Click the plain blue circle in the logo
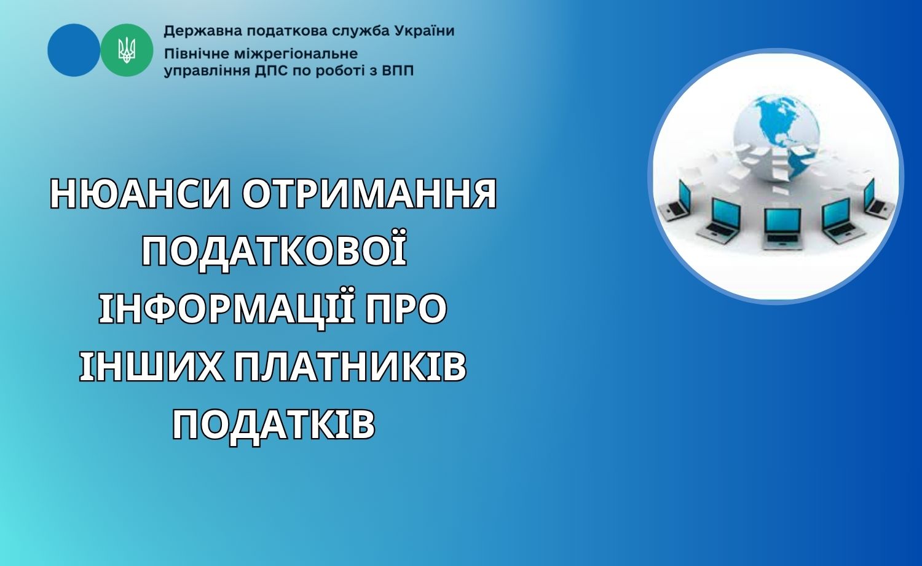(74, 50)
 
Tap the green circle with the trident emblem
(127, 50)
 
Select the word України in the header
(424, 31)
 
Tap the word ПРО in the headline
(406, 308)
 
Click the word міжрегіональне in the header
(291, 54)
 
